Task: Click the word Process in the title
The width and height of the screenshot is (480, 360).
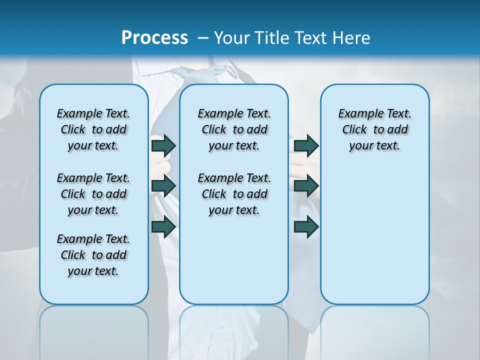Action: point(154,38)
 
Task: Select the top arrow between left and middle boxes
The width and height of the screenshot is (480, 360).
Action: point(163,145)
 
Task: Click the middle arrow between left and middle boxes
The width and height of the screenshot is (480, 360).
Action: point(163,186)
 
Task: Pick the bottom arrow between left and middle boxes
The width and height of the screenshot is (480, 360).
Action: point(163,226)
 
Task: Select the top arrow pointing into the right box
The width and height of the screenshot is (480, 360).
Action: point(306,145)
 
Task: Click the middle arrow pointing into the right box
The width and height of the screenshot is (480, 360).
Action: point(306,186)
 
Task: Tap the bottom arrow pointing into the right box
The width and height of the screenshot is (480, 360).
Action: point(306,226)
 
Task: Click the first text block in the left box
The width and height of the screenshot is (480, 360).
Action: point(93,129)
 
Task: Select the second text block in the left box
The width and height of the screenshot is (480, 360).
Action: point(93,194)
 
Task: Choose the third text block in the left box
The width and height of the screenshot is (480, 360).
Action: point(93,255)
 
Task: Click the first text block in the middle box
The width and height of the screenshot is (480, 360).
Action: point(234,129)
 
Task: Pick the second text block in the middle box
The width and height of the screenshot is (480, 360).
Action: point(234,194)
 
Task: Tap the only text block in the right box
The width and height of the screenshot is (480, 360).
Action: point(374,129)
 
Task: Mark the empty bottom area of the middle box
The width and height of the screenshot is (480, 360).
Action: point(234,265)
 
